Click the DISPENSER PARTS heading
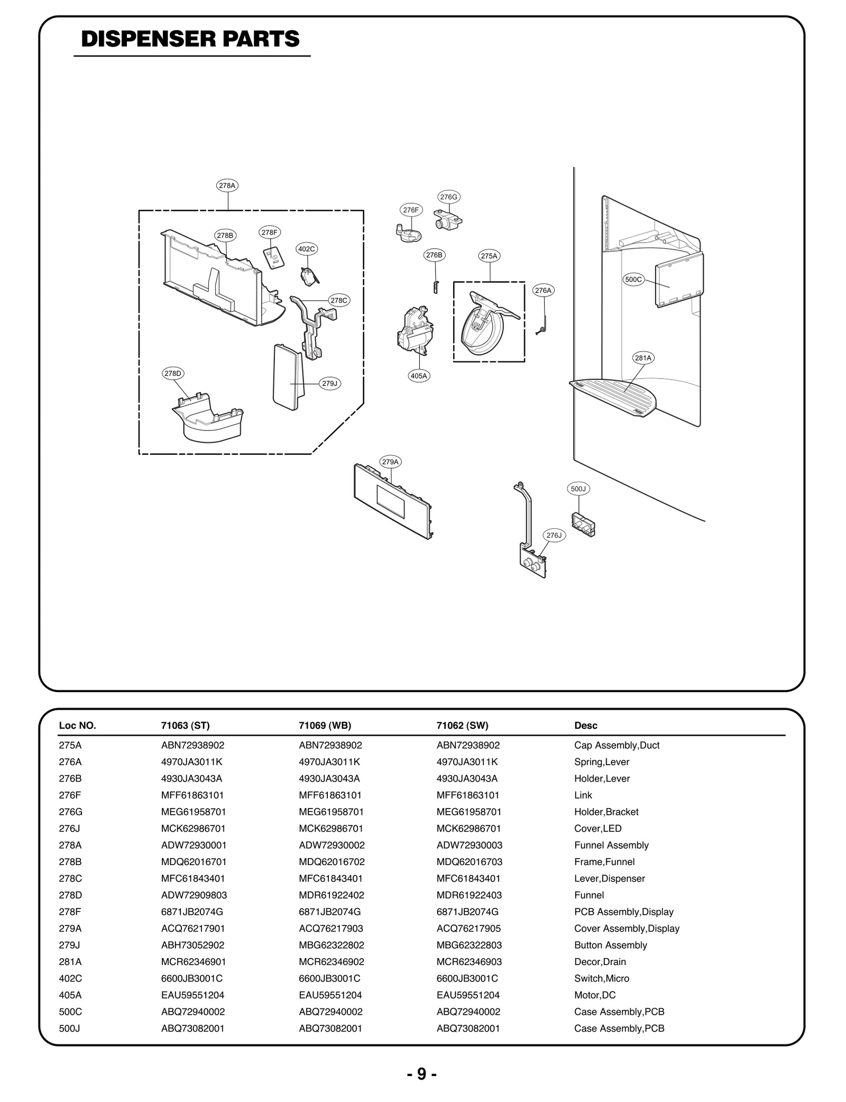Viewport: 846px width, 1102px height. [190, 39]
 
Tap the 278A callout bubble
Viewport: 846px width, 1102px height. [227, 186]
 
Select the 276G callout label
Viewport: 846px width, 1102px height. [449, 197]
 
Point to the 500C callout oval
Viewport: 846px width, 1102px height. [633, 280]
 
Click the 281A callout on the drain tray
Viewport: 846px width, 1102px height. [643, 358]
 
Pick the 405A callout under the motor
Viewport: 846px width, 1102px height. [419, 376]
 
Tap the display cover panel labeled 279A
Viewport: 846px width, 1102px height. [392, 501]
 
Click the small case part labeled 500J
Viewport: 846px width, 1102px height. [583, 524]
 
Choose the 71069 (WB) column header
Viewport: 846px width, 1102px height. [325, 726]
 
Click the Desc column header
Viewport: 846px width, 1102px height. [586, 726]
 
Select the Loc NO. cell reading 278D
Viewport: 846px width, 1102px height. [70, 895]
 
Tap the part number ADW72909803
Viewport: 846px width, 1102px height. [194, 895]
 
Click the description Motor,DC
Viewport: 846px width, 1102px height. [595, 995]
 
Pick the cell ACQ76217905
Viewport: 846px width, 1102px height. [468, 929]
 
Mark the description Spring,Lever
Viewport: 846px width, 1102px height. [602, 762]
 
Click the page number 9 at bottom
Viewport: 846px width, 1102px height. [421, 1074]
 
